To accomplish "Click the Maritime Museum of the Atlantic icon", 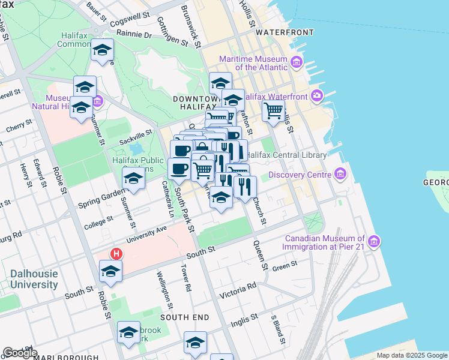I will pyautogui.click(x=296, y=62).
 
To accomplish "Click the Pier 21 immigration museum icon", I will pyautogui.click(x=375, y=242).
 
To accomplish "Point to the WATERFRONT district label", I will pyautogui.click(x=284, y=32).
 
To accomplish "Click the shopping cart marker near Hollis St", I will pyautogui.click(x=273, y=110).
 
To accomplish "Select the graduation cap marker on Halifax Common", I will pyautogui.click(x=103, y=50).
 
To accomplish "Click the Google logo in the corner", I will pyautogui.click(x=20, y=353).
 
